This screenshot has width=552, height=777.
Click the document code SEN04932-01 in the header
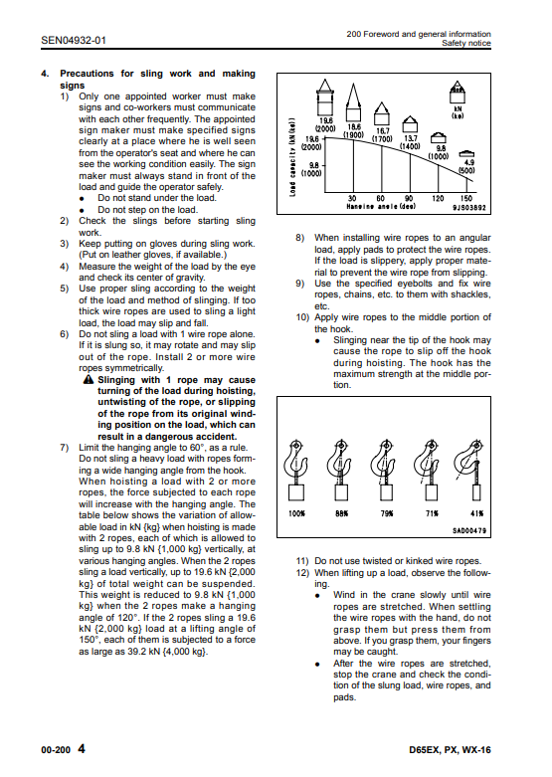pyautogui.click(x=74, y=40)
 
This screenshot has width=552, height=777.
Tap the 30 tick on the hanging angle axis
pyautogui.click(x=352, y=198)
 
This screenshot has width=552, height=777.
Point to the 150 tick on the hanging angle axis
pyautogui.click(x=466, y=198)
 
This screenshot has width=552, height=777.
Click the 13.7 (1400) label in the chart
pyautogui.click(x=411, y=142)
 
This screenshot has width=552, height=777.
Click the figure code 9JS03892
pyautogui.click(x=468, y=208)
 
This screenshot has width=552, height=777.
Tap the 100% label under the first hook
pyautogui.click(x=296, y=513)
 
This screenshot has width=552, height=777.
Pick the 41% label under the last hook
pyautogui.click(x=477, y=513)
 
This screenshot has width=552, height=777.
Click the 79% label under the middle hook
pyautogui.click(x=387, y=513)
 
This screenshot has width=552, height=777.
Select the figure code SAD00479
pyautogui.click(x=469, y=530)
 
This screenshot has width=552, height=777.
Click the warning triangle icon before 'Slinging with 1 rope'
pyautogui.click(x=89, y=380)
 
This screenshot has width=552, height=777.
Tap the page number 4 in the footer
pyautogui.click(x=82, y=748)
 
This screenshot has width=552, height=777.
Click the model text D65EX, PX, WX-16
pyautogui.click(x=450, y=750)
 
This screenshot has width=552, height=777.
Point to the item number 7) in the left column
pyautogui.click(x=65, y=448)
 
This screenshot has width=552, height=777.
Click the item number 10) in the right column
pyautogui.click(x=302, y=317)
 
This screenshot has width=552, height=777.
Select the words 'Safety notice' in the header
pyautogui.click(x=466, y=43)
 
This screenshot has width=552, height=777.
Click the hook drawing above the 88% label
pyautogui.click(x=340, y=461)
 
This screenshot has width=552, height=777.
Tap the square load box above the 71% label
pyautogui.click(x=431, y=492)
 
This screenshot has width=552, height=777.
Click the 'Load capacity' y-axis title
pyautogui.click(x=292, y=156)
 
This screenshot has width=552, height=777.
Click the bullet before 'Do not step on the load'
pyautogui.click(x=82, y=210)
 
